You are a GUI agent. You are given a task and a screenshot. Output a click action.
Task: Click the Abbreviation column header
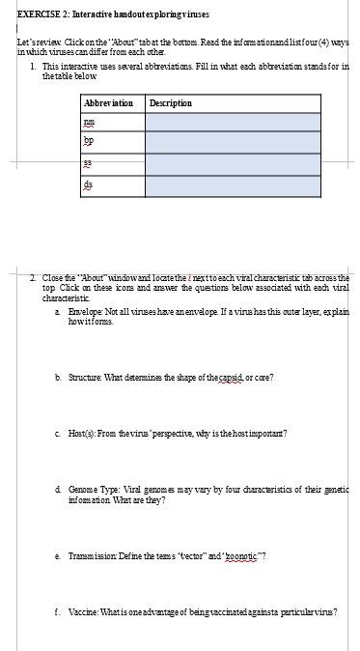click(108, 103)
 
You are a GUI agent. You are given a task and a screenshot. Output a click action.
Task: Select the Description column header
click(171, 103)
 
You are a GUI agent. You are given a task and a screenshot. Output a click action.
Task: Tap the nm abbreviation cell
click(90, 123)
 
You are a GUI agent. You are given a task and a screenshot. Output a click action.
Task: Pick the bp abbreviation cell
click(90, 144)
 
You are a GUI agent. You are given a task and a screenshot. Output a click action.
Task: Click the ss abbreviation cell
click(90, 164)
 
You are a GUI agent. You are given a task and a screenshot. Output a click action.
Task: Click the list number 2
click(33, 278)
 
